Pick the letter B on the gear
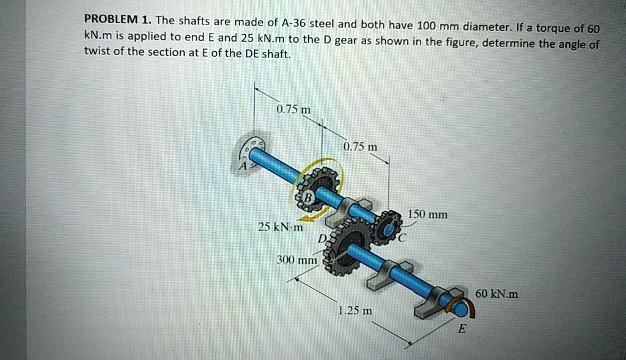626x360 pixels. coord(308,197)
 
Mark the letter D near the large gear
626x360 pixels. coord(321,238)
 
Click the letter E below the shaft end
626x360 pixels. coord(462,329)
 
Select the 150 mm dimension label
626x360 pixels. coord(428,215)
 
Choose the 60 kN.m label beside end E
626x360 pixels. coord(496,294)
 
